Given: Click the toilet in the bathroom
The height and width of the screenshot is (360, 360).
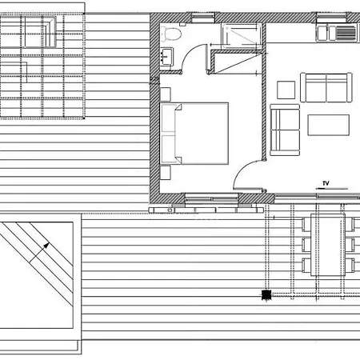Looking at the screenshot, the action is coord(171,34).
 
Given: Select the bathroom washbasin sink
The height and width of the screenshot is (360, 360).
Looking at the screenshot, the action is coord(166,57).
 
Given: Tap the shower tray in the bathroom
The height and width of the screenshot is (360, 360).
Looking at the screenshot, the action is coord(242,36).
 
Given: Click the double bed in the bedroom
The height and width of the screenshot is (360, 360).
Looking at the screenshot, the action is coord(194,134).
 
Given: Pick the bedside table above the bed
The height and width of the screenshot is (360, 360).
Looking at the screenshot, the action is coord(166,94).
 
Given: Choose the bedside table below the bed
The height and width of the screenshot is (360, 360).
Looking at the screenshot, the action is coord(166,173).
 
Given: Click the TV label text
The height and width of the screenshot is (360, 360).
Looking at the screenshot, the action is coord(326,183).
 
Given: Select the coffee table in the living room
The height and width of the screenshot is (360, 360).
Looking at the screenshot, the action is coord(328,125).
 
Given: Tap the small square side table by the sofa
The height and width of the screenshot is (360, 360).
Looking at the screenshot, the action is coord(286,90).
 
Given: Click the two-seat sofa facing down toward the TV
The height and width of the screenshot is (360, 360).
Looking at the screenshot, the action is coord(326,87).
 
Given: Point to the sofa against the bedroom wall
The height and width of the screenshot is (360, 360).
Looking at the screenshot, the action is coord(285,130).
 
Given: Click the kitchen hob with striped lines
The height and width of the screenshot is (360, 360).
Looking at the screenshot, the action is coord(346,33).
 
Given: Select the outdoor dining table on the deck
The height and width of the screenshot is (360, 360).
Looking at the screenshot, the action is coord(328,245).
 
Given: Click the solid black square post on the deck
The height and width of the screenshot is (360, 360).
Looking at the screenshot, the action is coord(266,294).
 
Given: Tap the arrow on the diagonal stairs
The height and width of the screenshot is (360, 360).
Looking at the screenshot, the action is coord(39,253).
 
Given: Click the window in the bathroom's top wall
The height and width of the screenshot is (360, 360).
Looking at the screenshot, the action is coord(203,18).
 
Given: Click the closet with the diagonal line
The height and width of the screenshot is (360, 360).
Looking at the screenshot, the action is coord(238,62).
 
